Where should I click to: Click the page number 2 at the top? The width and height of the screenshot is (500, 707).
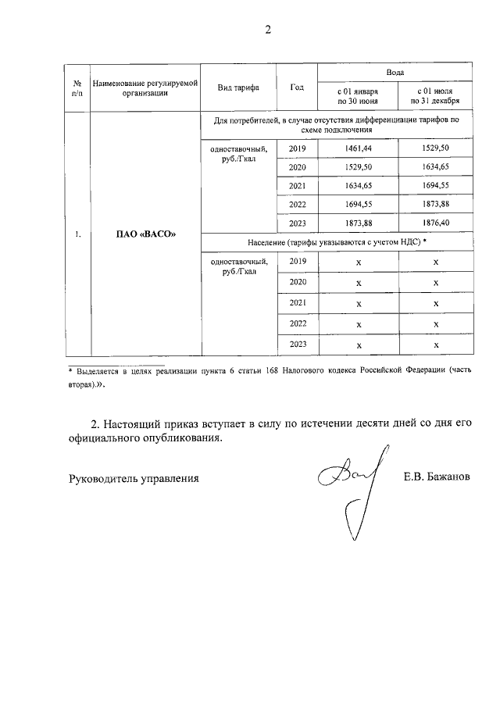[x=268, y=30]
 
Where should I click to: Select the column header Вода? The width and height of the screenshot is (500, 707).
[x=395, y=71]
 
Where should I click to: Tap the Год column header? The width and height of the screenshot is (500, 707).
[x=297, y=87]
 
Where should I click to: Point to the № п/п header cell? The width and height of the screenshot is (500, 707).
[x=77, y=87]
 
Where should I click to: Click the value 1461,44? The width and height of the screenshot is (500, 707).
[x=358, y=148]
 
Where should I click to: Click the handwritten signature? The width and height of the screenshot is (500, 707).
[x=349, y=484]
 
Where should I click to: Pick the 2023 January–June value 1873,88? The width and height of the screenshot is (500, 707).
[x=358, y=223]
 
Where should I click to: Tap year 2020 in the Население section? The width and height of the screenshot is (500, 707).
[x=297, y=281]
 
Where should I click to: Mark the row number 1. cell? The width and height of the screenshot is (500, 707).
[x=77, y=234]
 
